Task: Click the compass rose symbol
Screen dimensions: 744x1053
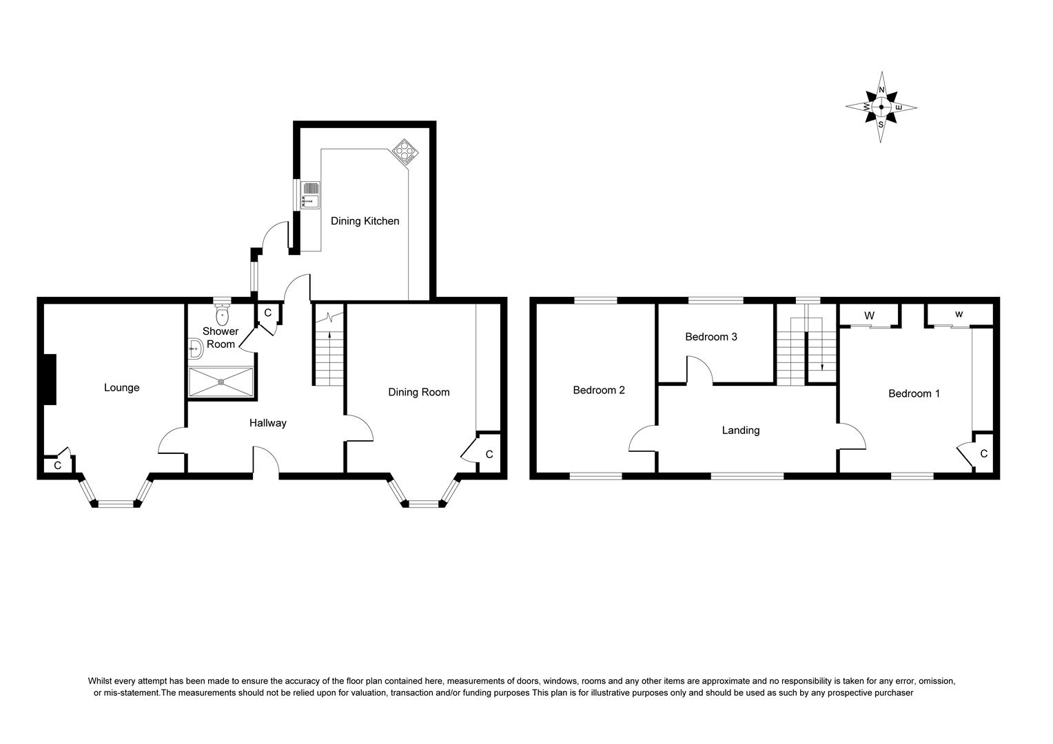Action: pos(881,107)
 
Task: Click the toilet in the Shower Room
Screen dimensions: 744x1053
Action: pos(222,316)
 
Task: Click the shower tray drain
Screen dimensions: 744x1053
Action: pos(221,382)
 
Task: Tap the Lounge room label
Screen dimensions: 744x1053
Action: pos(122,388)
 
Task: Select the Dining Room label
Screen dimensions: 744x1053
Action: pos(418,392)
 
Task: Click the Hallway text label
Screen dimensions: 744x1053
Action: pos(267,423)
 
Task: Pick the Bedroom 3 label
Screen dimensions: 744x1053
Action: pos(711,337)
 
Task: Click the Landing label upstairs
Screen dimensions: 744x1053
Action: pos(740,431)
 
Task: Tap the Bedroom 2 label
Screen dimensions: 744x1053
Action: pos(599,390)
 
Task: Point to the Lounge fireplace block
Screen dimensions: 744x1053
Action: pos(49,380)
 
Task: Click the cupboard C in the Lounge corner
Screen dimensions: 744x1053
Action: pos(58,466)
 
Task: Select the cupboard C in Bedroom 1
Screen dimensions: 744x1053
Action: pos(983,454)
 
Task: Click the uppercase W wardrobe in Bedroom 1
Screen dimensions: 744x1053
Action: pos(869,316)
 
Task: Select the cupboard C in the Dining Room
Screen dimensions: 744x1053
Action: pos(489,455)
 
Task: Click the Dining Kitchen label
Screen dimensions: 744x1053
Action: pos(365,221)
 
